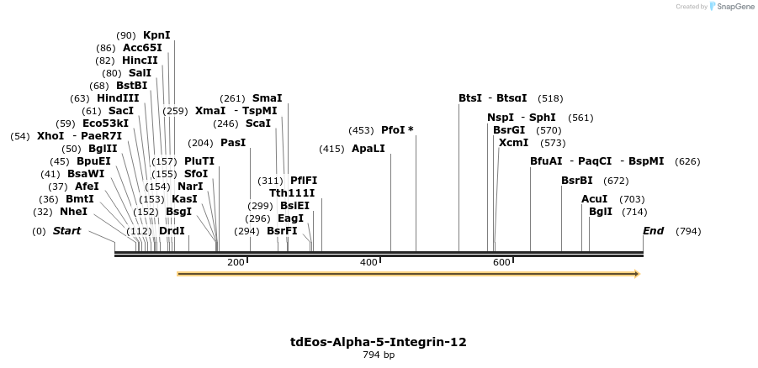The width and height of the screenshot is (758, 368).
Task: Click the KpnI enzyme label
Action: point(156,35)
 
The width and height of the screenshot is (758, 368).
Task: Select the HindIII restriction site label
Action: point(118,98)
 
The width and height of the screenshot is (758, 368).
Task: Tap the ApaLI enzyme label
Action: point(368,149)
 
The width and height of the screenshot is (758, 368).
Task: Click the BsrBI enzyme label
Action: point(577,181)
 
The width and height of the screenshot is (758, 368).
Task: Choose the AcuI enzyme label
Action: point(594,199)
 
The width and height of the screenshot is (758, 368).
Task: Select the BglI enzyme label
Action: point(601,212)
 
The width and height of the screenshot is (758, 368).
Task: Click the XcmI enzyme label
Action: point(513,143)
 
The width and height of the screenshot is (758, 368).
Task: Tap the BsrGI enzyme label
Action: point(509,130)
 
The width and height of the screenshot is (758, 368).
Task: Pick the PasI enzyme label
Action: point(233,143)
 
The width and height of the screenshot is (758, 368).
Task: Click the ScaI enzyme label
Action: point(258,124)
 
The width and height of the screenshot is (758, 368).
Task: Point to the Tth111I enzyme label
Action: point(292,193)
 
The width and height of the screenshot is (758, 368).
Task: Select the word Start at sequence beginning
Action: point(66,231)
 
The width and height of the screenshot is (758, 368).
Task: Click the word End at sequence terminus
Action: point(653,231)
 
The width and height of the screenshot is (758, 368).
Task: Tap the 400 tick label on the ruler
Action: point(368,263)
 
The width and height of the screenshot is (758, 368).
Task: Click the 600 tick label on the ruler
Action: point(501,263)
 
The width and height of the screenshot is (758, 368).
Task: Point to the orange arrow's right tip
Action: point(638,274)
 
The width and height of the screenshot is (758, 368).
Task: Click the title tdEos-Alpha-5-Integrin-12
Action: point(379,342)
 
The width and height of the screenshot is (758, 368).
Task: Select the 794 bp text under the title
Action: point(379,355)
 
